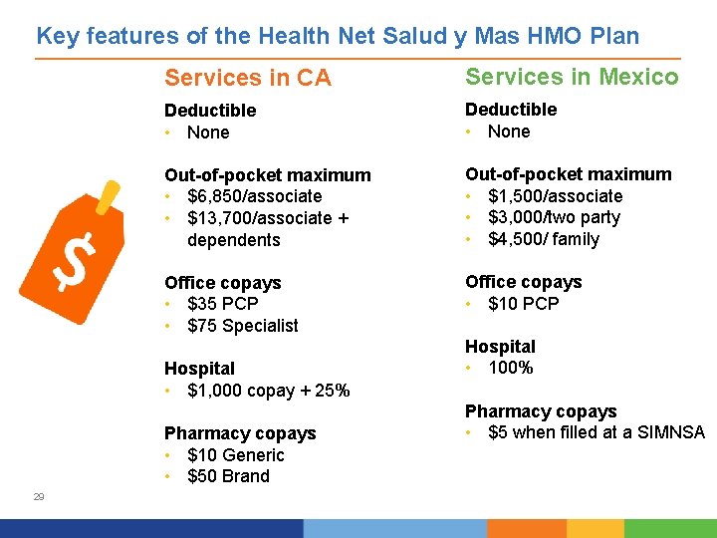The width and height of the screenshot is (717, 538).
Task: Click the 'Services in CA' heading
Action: (x=247, y=78)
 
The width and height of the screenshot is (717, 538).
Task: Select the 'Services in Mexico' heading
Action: (x=572, y=77)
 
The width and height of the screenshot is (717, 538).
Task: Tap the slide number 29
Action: (x=39, y=496)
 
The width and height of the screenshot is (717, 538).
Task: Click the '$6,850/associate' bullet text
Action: (x=254, y=196)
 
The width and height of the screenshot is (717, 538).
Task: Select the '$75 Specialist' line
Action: (x=242, y=326)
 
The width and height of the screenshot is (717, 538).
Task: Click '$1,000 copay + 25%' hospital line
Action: (x=268, y=391)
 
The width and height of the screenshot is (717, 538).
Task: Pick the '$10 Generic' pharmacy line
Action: (x=235, y=455)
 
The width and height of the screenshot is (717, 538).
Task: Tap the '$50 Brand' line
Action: (x=228, y=476)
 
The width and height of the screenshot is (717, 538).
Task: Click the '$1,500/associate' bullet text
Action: (x=555, y=196)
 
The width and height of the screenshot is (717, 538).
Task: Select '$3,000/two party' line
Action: (x=554, y=217)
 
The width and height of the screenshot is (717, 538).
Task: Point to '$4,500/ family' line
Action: (x=544, y=239)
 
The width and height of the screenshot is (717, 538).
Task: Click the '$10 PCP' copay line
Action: (x=523, y=304)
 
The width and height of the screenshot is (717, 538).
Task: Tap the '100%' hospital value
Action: (x=511, y=368)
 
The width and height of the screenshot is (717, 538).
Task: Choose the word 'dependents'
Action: (x=233, y=240)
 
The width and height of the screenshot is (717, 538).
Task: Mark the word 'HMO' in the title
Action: (x=532, y=37)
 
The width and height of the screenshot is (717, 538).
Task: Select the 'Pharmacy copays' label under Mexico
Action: (x=541, y=411)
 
